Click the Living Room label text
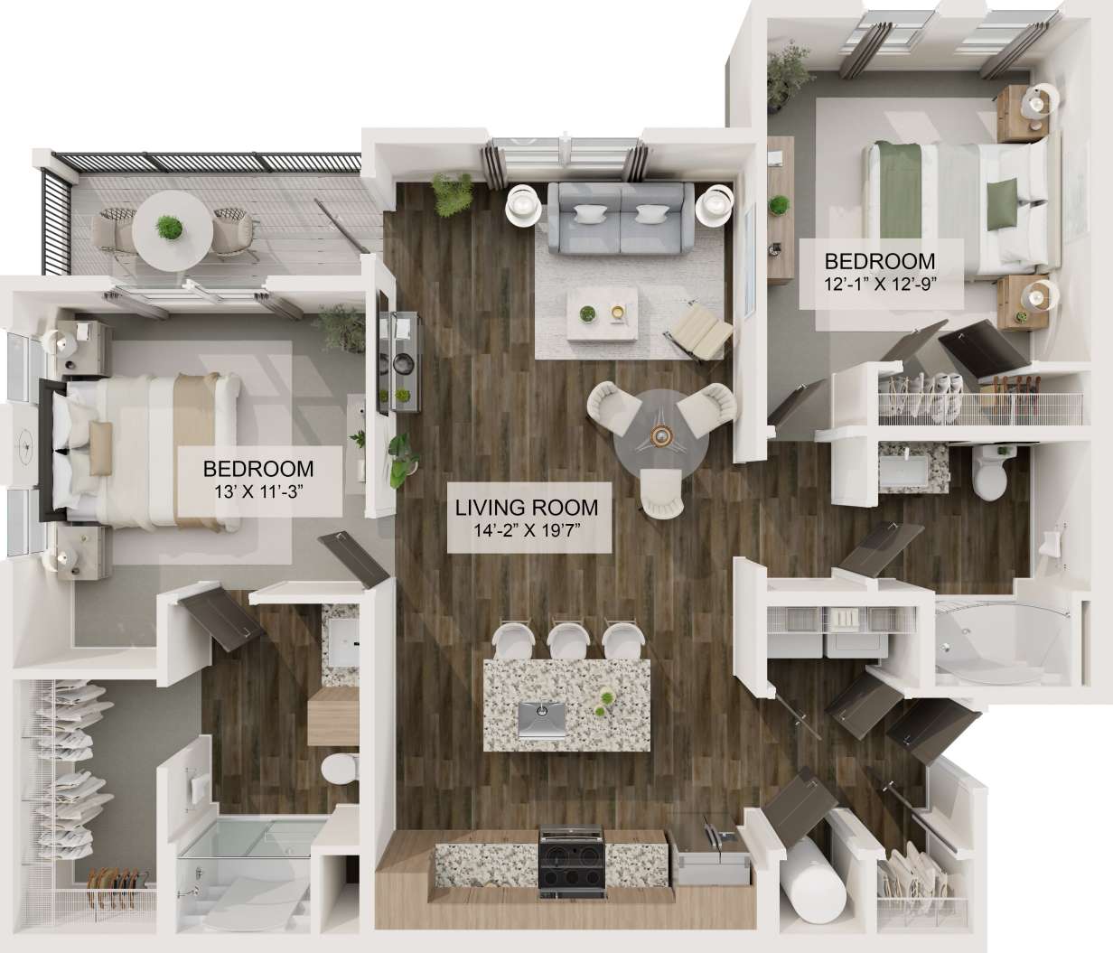527,508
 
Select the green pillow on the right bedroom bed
1001,201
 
